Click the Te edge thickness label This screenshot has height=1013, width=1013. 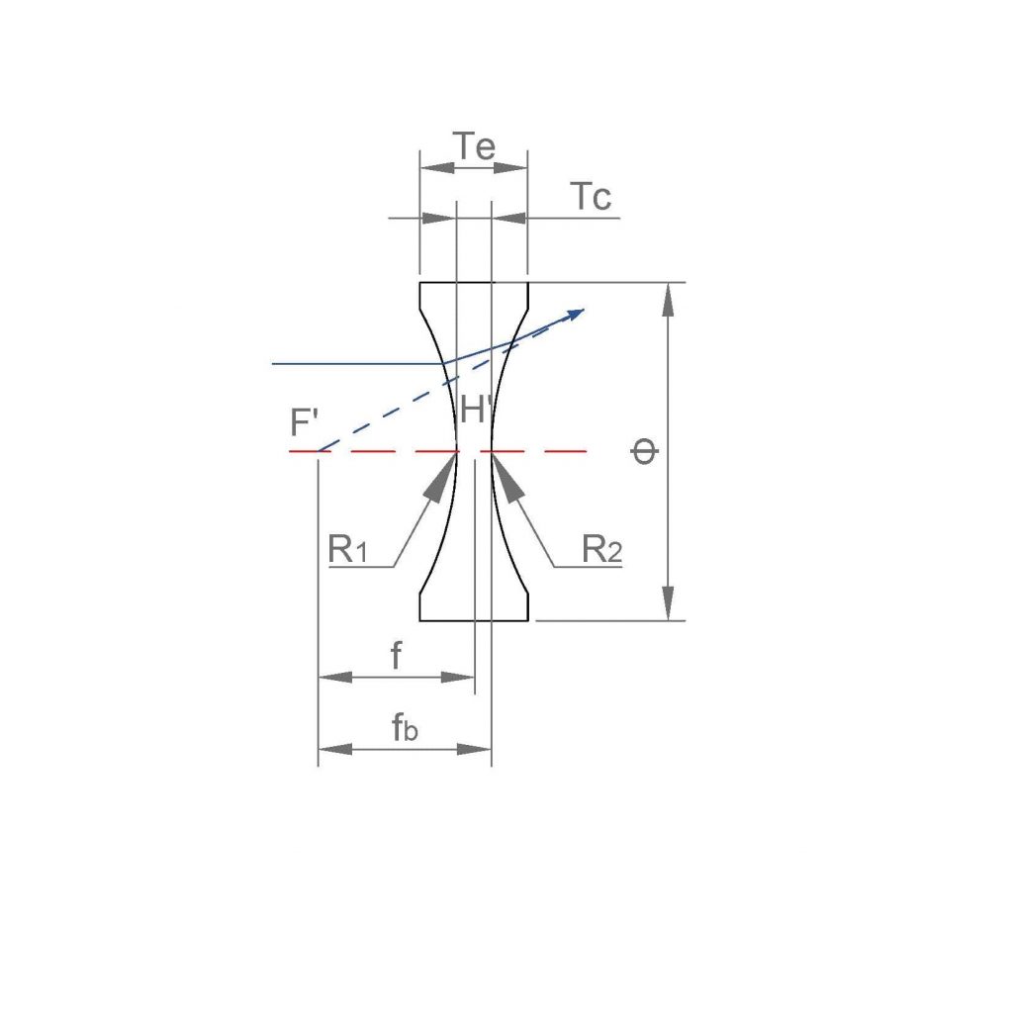475,146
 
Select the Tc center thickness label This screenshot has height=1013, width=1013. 591,197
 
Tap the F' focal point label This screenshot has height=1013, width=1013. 305,422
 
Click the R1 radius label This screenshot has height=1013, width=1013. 347,550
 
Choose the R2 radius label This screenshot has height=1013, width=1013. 601,550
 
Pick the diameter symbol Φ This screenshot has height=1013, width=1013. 644,451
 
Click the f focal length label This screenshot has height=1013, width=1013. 396,655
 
